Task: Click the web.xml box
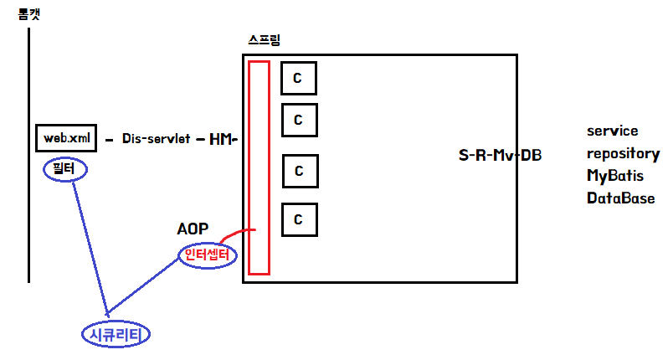[x=67, y=137]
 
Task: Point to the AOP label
[x=193, y=229]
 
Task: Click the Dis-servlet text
[x=156, y=138]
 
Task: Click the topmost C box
[x=299, y=78]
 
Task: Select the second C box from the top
[x=299, y=120]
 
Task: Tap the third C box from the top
[x=299, y=171]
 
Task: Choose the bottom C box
[x=299, y=220]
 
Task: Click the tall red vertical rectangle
[x=259, y=167]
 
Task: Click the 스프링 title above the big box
[x=266, y=41]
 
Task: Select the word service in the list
[x=612, y=131]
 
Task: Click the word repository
[x=623, y=154]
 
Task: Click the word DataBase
[x=620, y=198]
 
